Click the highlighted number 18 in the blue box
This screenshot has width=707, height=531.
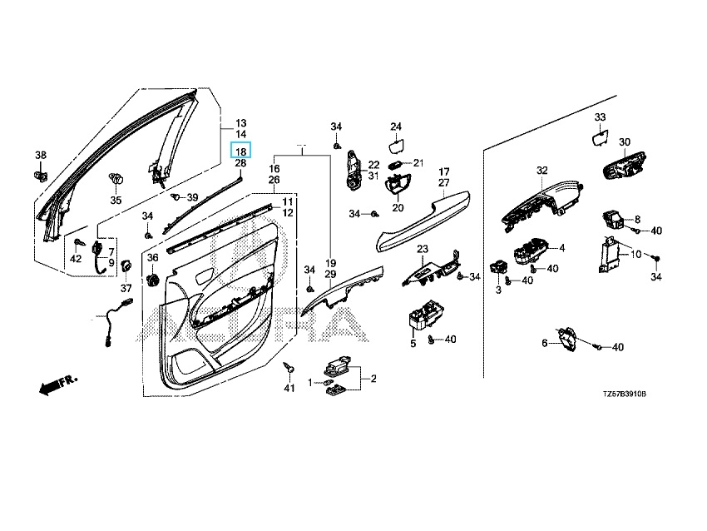[240, 151]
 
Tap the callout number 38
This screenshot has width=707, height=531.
[40, 156]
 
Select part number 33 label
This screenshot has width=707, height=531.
[600, 117]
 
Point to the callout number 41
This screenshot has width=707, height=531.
[289, 389]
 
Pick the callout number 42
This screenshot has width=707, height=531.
[76, 260]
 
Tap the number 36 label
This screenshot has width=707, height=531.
[152, 258]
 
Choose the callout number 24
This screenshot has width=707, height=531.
[396, 127]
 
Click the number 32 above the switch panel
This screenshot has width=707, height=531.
[542, 171]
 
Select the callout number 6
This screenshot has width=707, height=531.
[546, 343]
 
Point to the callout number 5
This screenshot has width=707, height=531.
[413, 343]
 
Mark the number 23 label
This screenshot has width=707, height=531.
[423, 249]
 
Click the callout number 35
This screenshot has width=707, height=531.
[116, 201]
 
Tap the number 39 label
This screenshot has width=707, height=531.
[192, 197]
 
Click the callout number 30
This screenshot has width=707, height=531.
[625, 142]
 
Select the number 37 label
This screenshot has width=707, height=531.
[126, 288]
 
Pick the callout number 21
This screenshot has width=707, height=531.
[418, 162]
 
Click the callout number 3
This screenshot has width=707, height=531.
[498, 290]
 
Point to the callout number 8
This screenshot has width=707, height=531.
[638, 219]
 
